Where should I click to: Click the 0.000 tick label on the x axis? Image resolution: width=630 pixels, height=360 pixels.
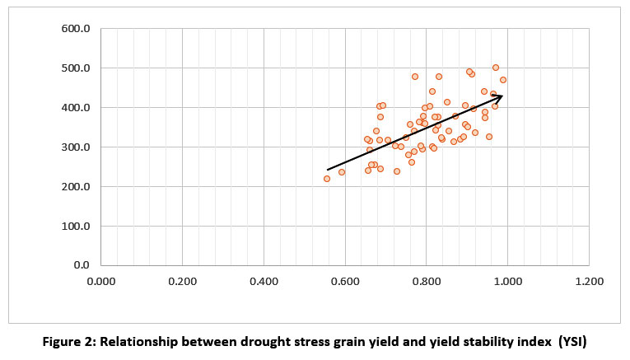point(101,282)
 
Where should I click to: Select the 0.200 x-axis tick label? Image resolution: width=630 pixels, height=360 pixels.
point(182,282)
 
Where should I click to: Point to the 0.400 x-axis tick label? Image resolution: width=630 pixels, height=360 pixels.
point(264,282)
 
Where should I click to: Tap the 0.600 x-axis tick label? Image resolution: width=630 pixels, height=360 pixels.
point(344,282)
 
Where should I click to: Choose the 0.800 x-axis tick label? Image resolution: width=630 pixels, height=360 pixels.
point(426,282)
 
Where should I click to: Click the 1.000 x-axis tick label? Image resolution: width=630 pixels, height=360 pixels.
point(506,282)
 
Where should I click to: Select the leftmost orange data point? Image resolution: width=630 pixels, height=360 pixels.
point(327,179)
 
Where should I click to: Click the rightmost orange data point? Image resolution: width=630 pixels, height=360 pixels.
point(503,80)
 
